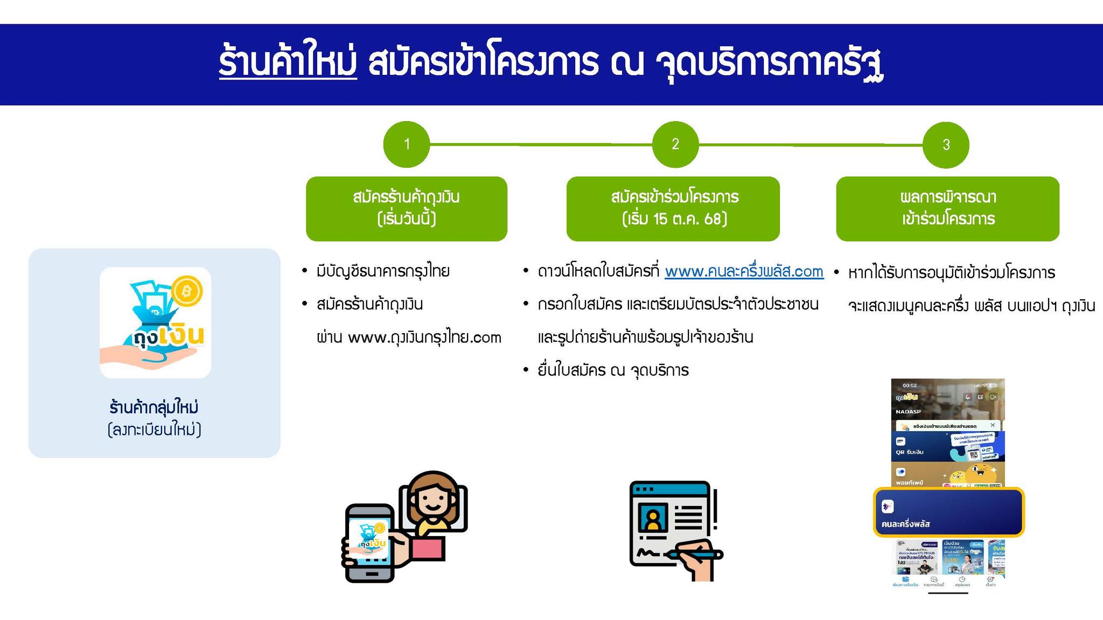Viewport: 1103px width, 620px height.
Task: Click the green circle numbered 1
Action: tap(407, 144)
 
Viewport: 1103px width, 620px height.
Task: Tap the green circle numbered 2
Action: tap(675, 144)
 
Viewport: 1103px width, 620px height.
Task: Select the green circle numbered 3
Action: tap(946, 145)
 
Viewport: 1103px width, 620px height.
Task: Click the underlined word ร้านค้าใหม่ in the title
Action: tap(288, 64)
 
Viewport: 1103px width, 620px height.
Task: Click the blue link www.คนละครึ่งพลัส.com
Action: tap(744, 271)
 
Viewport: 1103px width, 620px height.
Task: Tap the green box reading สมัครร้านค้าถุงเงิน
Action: tap(407, 208)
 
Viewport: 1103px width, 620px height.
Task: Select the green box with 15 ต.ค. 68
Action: tap(673, 208)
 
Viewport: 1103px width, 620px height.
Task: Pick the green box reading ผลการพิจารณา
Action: tap(947, 208)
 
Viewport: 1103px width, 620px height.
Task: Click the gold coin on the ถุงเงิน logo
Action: tap(187, 292)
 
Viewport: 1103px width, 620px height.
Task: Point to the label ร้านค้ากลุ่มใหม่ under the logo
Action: tap(154, 407)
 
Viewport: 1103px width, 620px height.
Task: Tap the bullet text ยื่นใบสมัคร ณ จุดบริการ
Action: tap(613, 370)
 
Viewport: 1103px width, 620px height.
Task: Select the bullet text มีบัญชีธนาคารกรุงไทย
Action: tap(383, 271)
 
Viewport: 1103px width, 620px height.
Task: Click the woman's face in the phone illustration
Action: tap(433, 498)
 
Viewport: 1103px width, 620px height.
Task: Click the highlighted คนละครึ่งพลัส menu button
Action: tap(948, 512)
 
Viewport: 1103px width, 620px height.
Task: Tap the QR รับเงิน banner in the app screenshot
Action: tap(947, 446)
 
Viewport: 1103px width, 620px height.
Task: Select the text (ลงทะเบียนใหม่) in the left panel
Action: tap(154, 430)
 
